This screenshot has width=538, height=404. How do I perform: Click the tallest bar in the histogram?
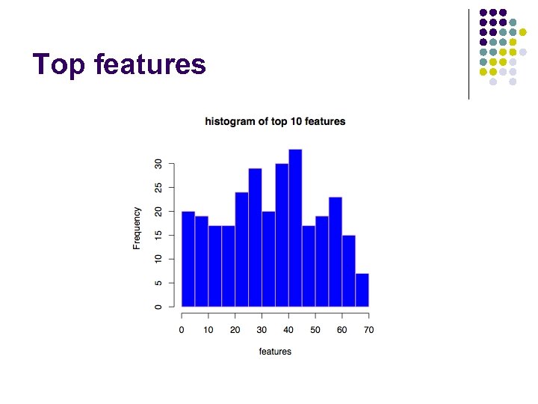(295, 228)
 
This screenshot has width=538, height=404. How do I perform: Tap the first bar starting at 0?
(188, 259)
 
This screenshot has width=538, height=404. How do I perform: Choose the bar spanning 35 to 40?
(282, 235)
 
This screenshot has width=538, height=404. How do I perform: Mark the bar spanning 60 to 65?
(349, 271)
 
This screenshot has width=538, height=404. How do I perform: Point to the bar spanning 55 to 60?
(336, 251)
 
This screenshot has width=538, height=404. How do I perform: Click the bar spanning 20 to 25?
(241, 249)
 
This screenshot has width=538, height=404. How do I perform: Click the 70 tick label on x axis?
(368, 330)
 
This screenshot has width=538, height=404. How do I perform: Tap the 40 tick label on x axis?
(288, 330)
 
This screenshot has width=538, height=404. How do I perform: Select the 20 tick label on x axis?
(235, 330)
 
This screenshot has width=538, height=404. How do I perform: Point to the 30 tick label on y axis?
(158, 164)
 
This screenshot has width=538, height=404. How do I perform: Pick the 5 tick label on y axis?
(158, 283)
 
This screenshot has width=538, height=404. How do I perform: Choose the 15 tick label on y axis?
(158, 235)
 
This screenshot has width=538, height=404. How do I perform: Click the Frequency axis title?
(137, 228)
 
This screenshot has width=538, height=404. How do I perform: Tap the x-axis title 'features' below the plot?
(275, 351)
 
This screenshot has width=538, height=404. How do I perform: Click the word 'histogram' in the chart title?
(230, 121)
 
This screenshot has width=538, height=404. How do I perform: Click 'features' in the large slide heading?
(150, 64)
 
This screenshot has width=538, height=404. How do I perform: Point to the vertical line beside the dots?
(469, 54)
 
